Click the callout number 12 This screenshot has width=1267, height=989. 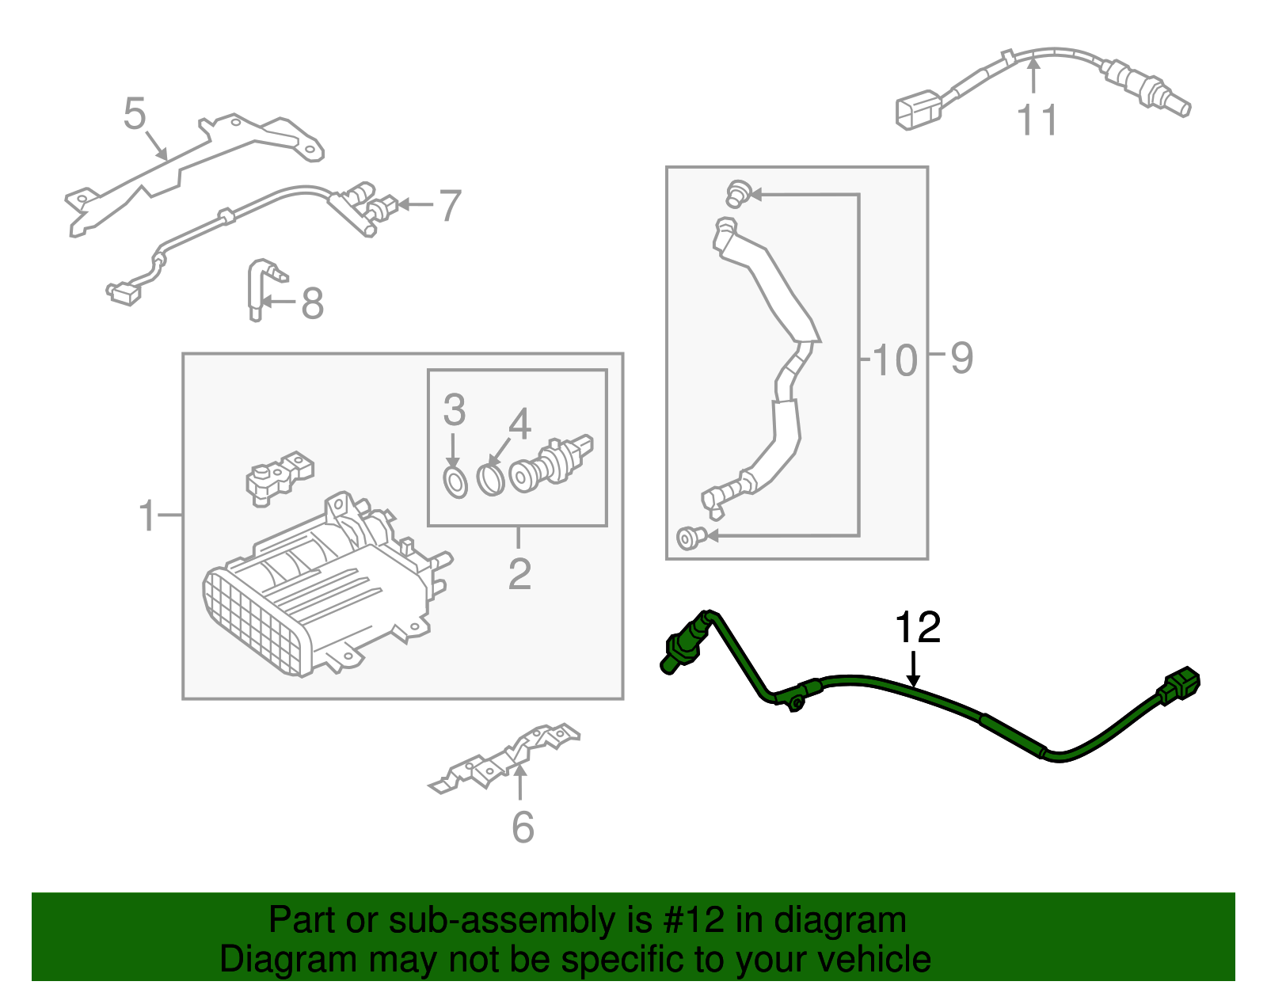click(917, 628)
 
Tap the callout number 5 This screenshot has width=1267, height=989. click(135, 114)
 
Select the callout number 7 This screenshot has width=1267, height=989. click(450, 206)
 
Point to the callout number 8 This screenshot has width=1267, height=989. click(313, 303)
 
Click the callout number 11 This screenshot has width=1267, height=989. click(1037, 121)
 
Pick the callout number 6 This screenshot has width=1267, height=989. click(523, 827)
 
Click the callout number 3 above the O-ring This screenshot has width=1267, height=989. click(454, 410)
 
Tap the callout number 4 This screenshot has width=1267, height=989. click(519, 425)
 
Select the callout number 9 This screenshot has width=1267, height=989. click(961, 358)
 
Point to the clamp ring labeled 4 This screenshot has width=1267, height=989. click(491, 480)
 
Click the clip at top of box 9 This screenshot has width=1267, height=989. click(737, 192)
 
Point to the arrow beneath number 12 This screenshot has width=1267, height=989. click(914, 670)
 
